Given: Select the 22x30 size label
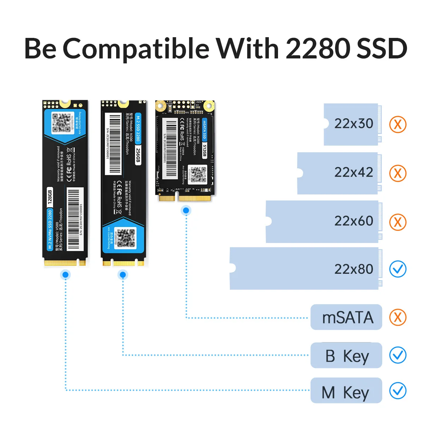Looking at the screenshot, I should (353, 124).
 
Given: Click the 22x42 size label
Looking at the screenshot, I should (353, 172).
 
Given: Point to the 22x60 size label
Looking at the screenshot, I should (353, 221).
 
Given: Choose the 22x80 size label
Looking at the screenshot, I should (353, 269).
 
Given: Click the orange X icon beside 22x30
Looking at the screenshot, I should (398, 124).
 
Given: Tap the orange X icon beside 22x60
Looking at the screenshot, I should (398, 222).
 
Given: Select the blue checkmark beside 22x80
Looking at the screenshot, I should (398, 269).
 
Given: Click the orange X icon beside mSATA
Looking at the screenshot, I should (398, 317).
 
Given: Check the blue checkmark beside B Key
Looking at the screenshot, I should (398, 355).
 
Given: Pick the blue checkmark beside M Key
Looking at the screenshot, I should (398, 391).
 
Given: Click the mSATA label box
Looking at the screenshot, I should (346, 317).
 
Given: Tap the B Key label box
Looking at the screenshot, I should (346, 356).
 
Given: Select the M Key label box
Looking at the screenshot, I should (346, 391).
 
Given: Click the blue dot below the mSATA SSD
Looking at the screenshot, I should (186, 211).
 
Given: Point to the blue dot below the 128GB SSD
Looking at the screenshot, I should (65, 274).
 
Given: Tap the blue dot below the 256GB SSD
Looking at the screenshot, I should (123, 274).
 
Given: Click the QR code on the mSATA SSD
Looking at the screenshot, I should (197, 175).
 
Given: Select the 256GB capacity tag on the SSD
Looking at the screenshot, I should (138, 155).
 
